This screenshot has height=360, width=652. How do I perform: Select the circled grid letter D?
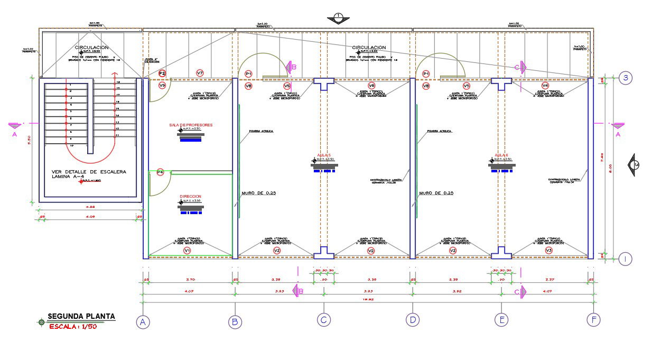[412, 319]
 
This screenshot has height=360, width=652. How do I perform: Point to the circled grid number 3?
[625, 78]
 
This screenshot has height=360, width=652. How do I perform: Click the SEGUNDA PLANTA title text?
[81, 317]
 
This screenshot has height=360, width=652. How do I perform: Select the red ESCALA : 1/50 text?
[73, 327]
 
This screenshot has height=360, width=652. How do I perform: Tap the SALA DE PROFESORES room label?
[191, 125]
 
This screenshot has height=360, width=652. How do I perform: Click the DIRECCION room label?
[191, 196]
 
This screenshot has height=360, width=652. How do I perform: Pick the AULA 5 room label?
[323, 155]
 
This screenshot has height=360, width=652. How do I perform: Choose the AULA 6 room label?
[501, 155]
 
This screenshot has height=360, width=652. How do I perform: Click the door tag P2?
[162, 73]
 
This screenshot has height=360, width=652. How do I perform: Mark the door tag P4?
[160, 172]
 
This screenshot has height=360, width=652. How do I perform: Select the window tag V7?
[200, 73]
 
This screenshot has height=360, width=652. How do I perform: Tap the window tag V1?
[187, 250]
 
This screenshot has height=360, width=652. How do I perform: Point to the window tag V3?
[548, 250]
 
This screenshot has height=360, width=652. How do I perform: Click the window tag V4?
[545, 86]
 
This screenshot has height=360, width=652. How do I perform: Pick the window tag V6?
[371, 86]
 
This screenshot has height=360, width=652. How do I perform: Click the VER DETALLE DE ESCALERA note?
[89, 175]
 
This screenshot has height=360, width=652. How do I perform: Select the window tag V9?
[162, 85]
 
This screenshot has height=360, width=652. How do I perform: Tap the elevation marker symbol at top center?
[338, 17]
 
